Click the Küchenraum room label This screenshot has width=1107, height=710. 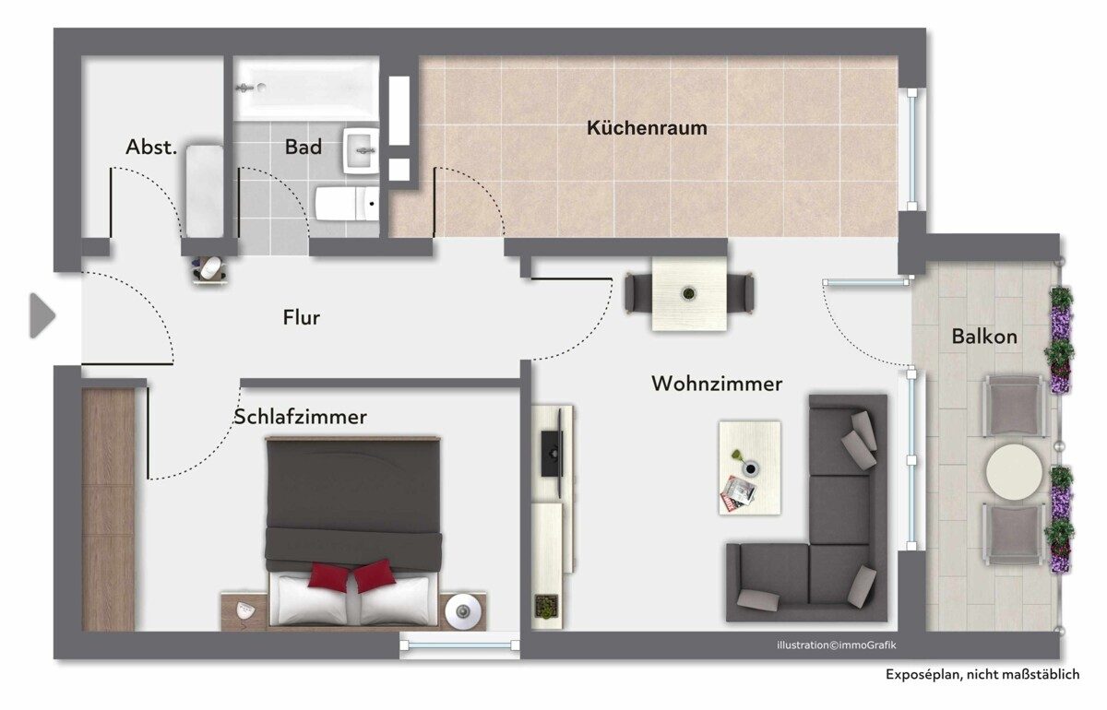tap(647, 128)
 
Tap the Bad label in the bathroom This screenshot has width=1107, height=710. tap(304, 147)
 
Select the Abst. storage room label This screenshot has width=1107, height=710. tap(150, 147)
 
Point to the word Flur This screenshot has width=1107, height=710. tap(301, 317)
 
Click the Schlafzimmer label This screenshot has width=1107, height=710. tap(300, 417)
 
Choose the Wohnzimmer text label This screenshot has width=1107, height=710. tap(717, 384)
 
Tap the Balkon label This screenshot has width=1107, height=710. tap(984, 337)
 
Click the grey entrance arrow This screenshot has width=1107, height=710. tap(42, 315)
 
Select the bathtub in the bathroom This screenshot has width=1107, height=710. tap(306, 89)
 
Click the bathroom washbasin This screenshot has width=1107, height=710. tap(362, 150)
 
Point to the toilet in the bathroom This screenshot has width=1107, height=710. tap(347, 204)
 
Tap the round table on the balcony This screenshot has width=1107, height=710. tap(1014, 472)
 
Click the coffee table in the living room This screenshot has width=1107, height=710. tap(750, 467)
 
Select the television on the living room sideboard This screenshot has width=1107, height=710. tap(553, 453)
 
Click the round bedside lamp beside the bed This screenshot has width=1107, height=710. tap(462, 611)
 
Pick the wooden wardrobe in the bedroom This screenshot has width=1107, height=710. tap(108, 509)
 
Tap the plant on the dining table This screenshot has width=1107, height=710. tap(688, 294)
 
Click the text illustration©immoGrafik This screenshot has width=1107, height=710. tap(836, 645)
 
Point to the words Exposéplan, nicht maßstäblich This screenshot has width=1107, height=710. tap(982, 675)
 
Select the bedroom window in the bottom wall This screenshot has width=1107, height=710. tap(459, 645)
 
